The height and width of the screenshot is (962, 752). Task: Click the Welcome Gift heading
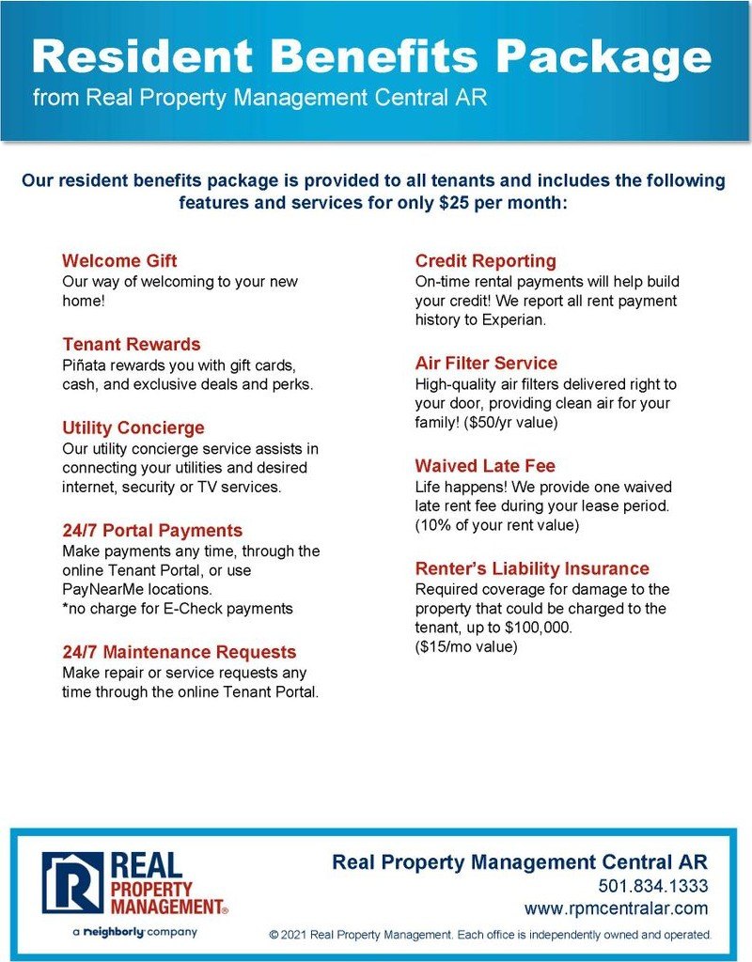tap(119, 260)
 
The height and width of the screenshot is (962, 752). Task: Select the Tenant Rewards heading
tap(132, 344)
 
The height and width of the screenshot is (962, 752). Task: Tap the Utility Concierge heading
tap(133, 427)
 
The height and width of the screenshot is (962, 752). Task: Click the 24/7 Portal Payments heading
tap(152, 530)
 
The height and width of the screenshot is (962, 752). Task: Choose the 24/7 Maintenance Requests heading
tap(179, 652)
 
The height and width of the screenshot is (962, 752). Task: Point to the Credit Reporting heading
tap(486, 260)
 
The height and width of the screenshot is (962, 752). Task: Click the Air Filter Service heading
tap(486, 363)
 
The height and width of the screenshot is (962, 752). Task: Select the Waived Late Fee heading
tap(485, 465)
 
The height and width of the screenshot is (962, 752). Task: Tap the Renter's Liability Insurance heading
tap(532, 568)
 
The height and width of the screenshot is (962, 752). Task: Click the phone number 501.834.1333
tap(652, 886)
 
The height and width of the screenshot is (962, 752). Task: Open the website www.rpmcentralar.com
tap(616, 908)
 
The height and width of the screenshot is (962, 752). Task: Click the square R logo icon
tap(72, 883)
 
